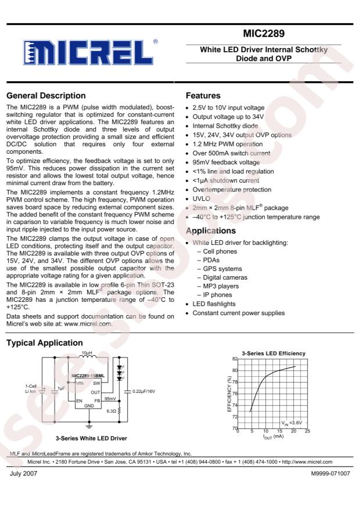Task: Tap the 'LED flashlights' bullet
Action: click(214, 304)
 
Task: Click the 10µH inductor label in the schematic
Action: click(87, 353)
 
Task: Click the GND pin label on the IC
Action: click(88, 406)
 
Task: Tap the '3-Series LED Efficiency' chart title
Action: click(273, 353)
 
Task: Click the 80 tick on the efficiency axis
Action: click(234, 370)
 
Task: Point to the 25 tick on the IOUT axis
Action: click(308, 431)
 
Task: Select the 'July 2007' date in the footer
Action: click(23, 474)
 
